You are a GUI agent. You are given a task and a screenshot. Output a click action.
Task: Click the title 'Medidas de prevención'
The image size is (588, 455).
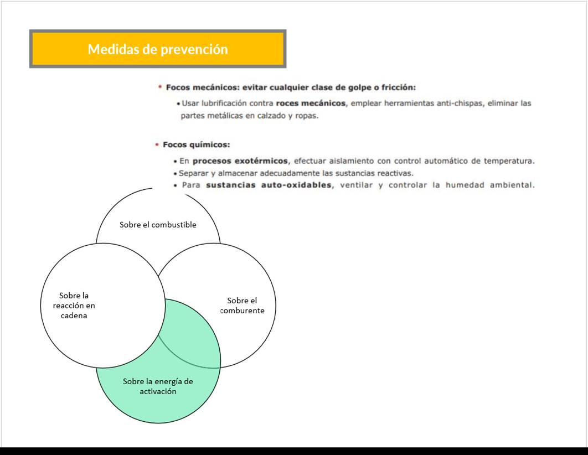(158, 49)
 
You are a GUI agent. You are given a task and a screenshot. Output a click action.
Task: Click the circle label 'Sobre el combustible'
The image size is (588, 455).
(158, 225)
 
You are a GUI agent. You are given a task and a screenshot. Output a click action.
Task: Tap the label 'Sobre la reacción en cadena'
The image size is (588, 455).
(74, 305)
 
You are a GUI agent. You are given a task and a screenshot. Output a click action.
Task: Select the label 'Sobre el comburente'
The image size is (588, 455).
(242, 305)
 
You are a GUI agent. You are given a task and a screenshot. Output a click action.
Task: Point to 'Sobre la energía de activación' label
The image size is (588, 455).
(158, 386)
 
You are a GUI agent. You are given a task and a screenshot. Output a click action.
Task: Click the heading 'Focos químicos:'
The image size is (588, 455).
(196, 144)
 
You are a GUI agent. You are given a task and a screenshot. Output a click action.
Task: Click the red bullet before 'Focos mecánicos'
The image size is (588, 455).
(160, 87)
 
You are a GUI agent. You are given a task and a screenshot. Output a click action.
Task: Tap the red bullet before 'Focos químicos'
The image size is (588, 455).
(157, 144)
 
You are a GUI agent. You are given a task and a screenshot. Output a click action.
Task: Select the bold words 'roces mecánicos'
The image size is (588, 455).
(311, 103)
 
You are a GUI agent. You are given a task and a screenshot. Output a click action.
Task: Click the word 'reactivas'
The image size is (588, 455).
(395, 173)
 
